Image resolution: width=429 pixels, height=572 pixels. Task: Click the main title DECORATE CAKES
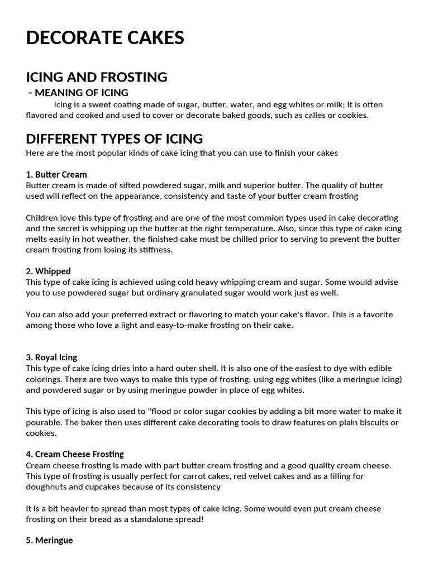coord(105,37)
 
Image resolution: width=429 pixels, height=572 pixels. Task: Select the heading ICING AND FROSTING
coord(97,77)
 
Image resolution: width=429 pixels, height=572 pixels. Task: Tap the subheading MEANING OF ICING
coord(82,92)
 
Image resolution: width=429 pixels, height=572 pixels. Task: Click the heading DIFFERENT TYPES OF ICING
coord(115,138)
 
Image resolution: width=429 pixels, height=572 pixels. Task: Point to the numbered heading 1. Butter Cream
coord(56,174)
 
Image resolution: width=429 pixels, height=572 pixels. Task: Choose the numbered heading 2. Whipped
coord(49,271)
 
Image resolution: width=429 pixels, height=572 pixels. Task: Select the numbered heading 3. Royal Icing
coord(51,357)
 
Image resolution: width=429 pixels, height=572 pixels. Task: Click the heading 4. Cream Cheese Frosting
coord(75,454)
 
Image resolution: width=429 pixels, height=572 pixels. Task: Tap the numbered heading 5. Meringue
coord(49,540)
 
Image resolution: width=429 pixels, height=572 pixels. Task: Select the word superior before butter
coord(254,185)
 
